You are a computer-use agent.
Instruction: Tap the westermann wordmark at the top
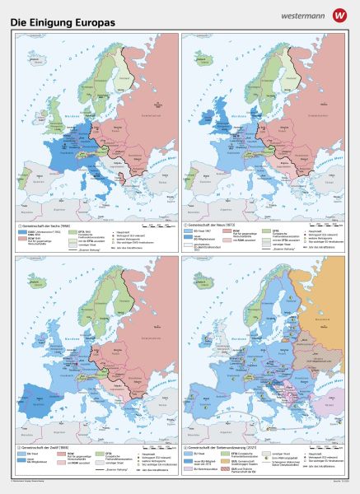coord(306,14)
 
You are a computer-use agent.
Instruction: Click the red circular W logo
coord(339,14)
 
